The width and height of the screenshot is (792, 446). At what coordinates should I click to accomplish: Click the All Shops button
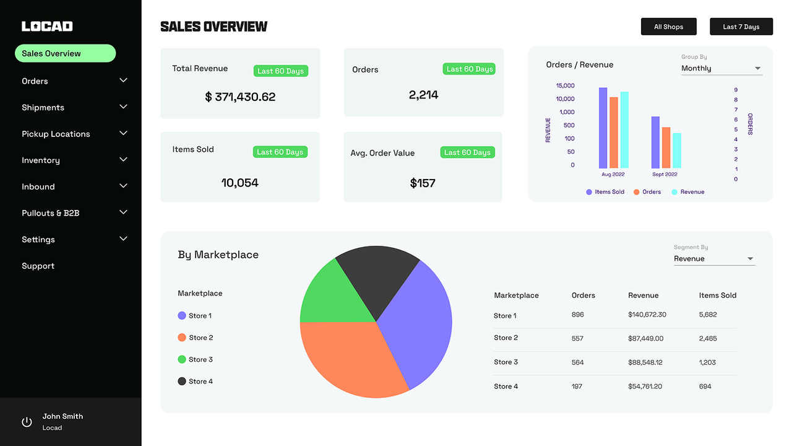[668, 27]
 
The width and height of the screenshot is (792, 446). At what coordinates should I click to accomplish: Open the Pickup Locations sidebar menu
[56, 134]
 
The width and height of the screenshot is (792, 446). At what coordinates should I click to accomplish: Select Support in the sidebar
[38, 266]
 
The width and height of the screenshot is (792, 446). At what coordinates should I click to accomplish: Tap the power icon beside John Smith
[27, 422]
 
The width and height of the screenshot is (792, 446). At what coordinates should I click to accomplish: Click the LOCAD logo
[47, 26]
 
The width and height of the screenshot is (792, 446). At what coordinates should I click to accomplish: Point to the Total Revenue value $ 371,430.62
[240, 97]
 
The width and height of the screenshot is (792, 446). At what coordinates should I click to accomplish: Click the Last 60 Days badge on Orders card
[469, 69]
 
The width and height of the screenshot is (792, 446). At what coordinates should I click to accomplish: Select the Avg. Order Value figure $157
[423, 183]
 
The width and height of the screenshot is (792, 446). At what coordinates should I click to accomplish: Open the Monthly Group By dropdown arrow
[757, 68]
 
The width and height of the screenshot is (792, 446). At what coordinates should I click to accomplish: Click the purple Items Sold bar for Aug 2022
[603, 128]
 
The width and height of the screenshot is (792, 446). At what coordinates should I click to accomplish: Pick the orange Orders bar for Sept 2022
[666, 147]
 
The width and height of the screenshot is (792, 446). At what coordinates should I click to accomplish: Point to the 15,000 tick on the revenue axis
[565, 85]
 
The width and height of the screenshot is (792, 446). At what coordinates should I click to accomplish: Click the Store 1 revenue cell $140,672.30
[647, 315]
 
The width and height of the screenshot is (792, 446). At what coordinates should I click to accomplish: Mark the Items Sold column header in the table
[717, 295]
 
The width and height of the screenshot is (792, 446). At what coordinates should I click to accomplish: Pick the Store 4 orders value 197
[577, 387]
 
